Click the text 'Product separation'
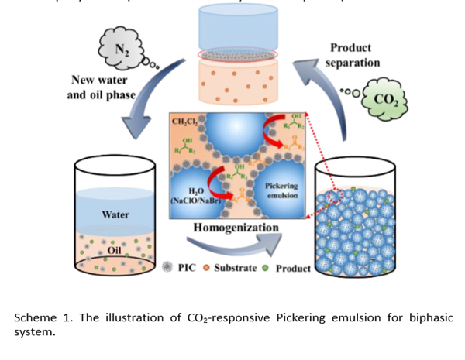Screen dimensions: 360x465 coord(353,55)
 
